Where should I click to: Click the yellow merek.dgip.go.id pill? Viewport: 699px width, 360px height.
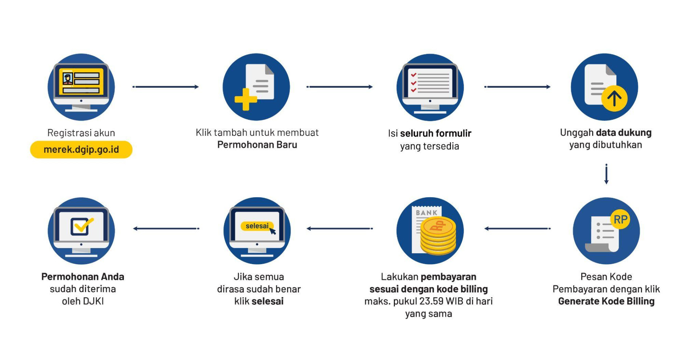81,150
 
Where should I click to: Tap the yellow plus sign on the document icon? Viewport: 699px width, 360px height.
246,99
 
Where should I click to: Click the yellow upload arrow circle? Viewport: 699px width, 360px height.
614,98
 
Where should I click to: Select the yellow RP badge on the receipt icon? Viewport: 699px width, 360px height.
620,219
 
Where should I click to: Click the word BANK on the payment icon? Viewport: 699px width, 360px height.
427,213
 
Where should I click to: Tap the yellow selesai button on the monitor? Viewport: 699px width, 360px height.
257,226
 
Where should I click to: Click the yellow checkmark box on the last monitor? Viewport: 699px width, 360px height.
81,227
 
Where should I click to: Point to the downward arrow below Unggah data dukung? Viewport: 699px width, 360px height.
606,174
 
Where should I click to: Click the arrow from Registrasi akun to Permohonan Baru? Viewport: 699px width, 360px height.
166,87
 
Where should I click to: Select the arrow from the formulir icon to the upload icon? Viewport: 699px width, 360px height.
517,87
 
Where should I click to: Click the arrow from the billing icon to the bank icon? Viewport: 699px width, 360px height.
517,228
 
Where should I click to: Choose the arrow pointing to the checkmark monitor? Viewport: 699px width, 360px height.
166,228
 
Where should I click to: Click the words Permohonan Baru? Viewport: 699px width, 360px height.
257,145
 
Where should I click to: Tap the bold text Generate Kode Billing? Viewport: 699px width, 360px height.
606,302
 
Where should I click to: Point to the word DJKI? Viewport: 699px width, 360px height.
93,302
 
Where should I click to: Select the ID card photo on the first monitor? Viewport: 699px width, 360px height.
68,78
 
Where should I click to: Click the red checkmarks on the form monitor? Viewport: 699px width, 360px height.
413,82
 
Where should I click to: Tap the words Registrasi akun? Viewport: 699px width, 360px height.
81,133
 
